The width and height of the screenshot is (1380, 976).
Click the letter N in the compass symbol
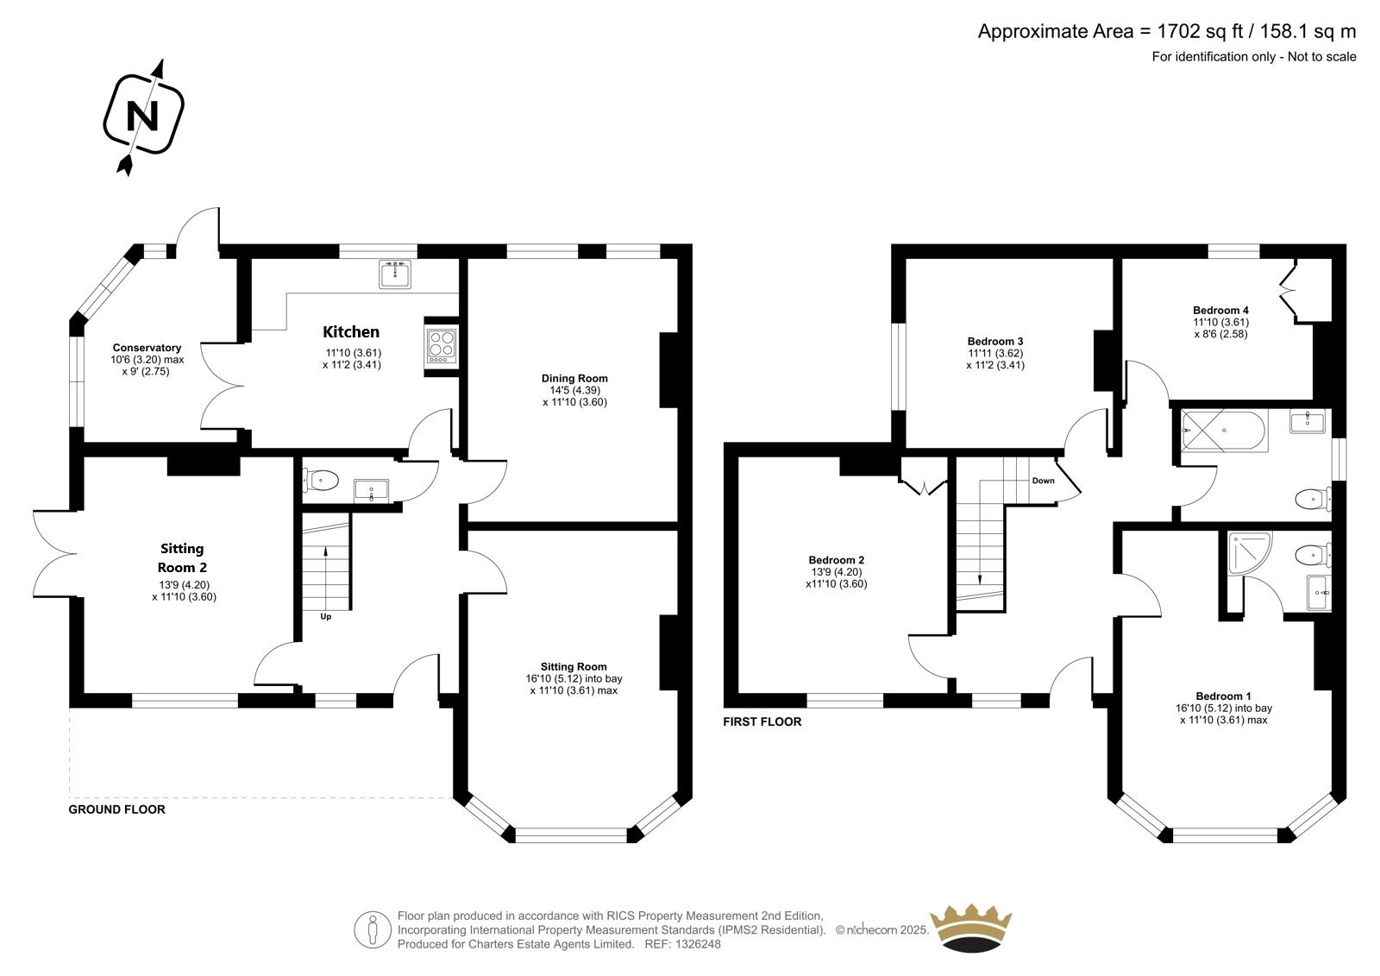pyautogui.click(x=142, y=116)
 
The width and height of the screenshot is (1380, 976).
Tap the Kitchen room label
pyautogui.click(x=351, y=331)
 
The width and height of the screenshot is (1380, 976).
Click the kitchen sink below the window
pyautogui.click(x=395, y=274)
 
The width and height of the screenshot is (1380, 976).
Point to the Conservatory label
pyautogui.click(x=147, y=348)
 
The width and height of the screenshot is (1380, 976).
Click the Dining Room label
pyautogui.click(x=574, y=378)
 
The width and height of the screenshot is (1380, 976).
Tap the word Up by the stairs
pyautogui.click(x=326, y=616)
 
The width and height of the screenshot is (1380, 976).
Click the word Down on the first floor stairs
pyautogui.click(x=1043, y=481)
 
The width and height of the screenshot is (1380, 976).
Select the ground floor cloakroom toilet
pyautogui.click(x=320, y=481)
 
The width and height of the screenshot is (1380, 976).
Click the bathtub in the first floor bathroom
pyautogui.click(x=1224, y=431)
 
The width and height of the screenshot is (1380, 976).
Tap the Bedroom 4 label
pyautogui.click(x=1220, y=310)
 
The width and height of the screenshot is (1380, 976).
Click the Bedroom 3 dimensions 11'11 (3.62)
pyautogui.click(x=995, y=353)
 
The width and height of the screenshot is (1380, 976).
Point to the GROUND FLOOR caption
pyautogui.click(x=117, y=809)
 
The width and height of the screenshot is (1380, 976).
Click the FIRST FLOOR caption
pyautogui.click(x=762, y=721)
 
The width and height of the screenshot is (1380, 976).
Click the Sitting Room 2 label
pyautogui.click(x=182, y=558)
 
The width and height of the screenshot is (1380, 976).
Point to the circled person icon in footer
pyautogui.click(x=373, y=929)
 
